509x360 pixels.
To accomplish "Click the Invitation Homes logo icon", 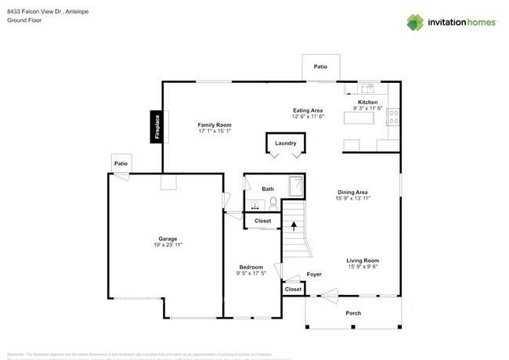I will [414, 22].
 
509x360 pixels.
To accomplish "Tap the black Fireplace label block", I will [157, 128].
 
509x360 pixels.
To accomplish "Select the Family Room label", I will [214, 125].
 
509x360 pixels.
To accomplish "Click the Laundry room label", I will [285, 143].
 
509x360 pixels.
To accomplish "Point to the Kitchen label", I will [367, 103].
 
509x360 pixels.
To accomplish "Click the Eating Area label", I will [308, 110].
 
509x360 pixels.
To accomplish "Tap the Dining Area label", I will [353, 193].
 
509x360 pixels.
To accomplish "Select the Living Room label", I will [363, 261].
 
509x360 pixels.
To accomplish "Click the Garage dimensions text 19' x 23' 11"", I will [168, 245].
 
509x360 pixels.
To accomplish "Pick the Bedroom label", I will [251, 267].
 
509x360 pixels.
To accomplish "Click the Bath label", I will [268, 189].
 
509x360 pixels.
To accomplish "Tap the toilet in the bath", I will [273, 203].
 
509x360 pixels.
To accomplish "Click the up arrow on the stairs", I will [294, 227].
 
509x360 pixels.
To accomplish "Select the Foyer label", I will [314, 275].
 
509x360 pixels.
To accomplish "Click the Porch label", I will [354, 312].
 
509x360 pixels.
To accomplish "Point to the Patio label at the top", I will [321, 67].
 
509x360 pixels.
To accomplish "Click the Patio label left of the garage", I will [121, 164].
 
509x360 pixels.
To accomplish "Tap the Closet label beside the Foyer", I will [293, 290].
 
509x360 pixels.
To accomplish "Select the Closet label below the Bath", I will [262, 221].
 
